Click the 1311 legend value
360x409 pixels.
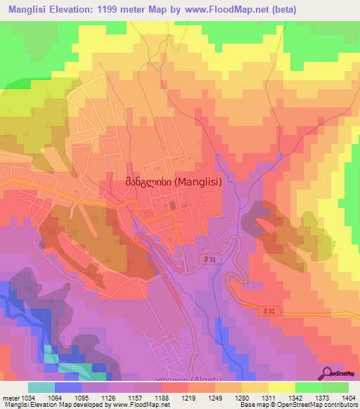pos(269,398)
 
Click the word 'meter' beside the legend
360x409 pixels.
pos(10,398)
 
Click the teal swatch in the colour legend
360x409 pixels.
pos(41,387)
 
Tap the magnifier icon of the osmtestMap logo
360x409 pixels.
pos(327,373)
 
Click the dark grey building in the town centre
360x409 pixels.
pos(171,206)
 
